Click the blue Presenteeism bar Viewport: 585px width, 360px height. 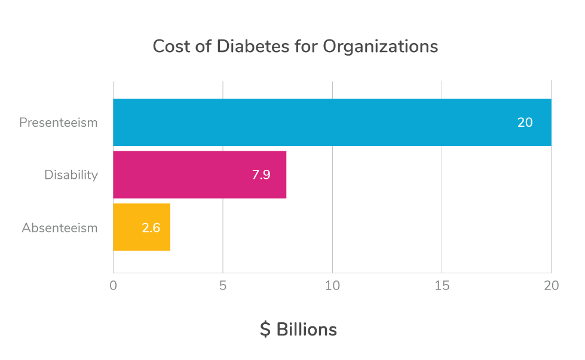click(332, 122)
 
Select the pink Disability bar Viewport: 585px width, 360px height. click(200, 175)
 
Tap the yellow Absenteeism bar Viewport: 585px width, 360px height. click(142, 227)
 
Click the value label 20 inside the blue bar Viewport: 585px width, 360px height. click(525, 123)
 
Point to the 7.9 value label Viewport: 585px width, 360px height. click(261, 175)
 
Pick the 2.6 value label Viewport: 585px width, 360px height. click(151, 228)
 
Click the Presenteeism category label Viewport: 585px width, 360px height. click(58, 123)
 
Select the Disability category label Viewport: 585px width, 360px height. click(71, 175)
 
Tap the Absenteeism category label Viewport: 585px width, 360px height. click(60, 228)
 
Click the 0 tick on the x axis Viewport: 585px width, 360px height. click(114, 286)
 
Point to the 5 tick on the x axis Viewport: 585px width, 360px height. click(223, 286)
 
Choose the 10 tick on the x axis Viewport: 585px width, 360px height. click(332, 286)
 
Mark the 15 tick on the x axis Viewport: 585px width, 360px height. click(442, 286)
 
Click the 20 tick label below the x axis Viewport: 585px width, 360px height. click(551, 286)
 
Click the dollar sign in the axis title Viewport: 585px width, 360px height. click(265, 330)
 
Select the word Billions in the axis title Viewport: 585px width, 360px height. click(307, 330)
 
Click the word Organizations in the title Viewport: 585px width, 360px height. click(381, 47)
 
